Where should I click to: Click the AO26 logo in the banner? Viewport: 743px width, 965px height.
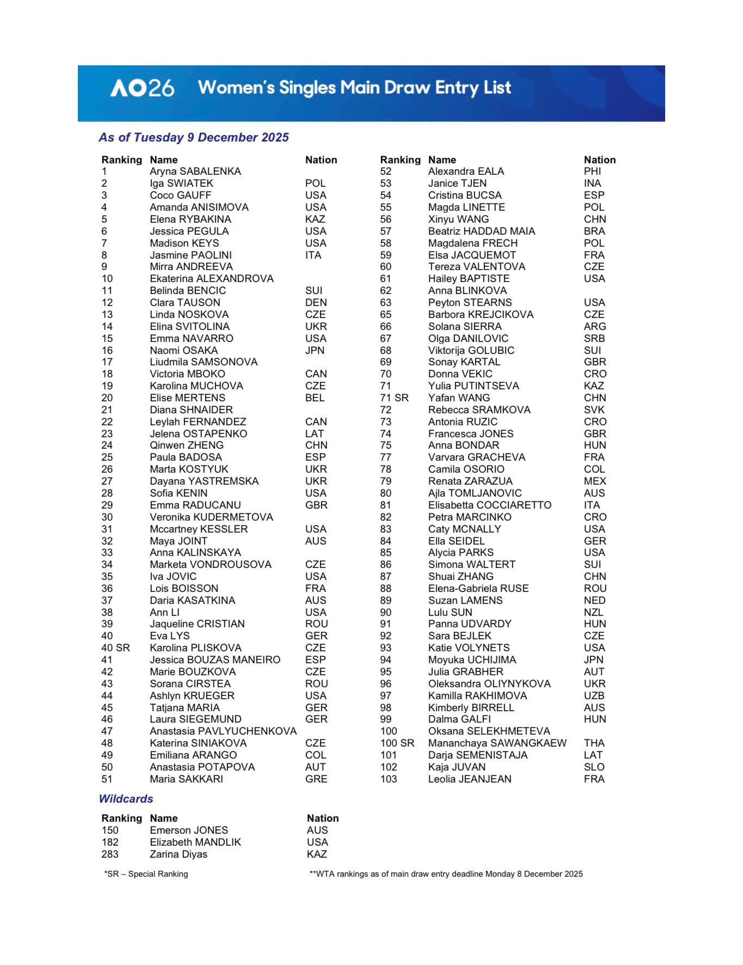click(142, 88)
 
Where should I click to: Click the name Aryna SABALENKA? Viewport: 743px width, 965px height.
click(195, 172)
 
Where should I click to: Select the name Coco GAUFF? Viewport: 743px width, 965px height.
click(180, 196)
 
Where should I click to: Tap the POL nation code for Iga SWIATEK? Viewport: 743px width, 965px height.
click(315, 184)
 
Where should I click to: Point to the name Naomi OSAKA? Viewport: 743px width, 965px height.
click(183, 351)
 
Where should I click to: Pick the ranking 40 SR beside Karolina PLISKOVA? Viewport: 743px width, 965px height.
click(115, 648)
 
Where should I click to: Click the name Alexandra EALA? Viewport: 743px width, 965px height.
click(466, 172)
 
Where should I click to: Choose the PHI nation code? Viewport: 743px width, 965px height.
click(592, 172)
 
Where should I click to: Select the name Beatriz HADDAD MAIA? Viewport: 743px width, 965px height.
click(481, 231)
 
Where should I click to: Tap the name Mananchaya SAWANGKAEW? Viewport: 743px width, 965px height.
click(497, 743)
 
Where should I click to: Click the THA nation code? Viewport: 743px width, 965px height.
click(594, 743)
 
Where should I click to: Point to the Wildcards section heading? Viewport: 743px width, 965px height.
click(126, 799)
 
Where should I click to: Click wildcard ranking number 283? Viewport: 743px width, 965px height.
click(109, 854)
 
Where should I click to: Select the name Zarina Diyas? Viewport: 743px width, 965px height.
click(179, 854)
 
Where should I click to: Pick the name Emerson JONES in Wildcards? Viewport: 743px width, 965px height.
click(189, 830)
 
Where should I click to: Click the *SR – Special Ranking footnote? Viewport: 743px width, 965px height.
click(146, 874)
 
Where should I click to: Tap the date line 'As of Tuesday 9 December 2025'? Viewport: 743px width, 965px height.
click(193, 137)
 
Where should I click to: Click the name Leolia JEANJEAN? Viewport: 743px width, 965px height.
click(469, 779)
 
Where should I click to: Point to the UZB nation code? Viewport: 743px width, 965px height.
click(594, 696)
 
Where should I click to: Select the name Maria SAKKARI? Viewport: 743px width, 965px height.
click(186, 779)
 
